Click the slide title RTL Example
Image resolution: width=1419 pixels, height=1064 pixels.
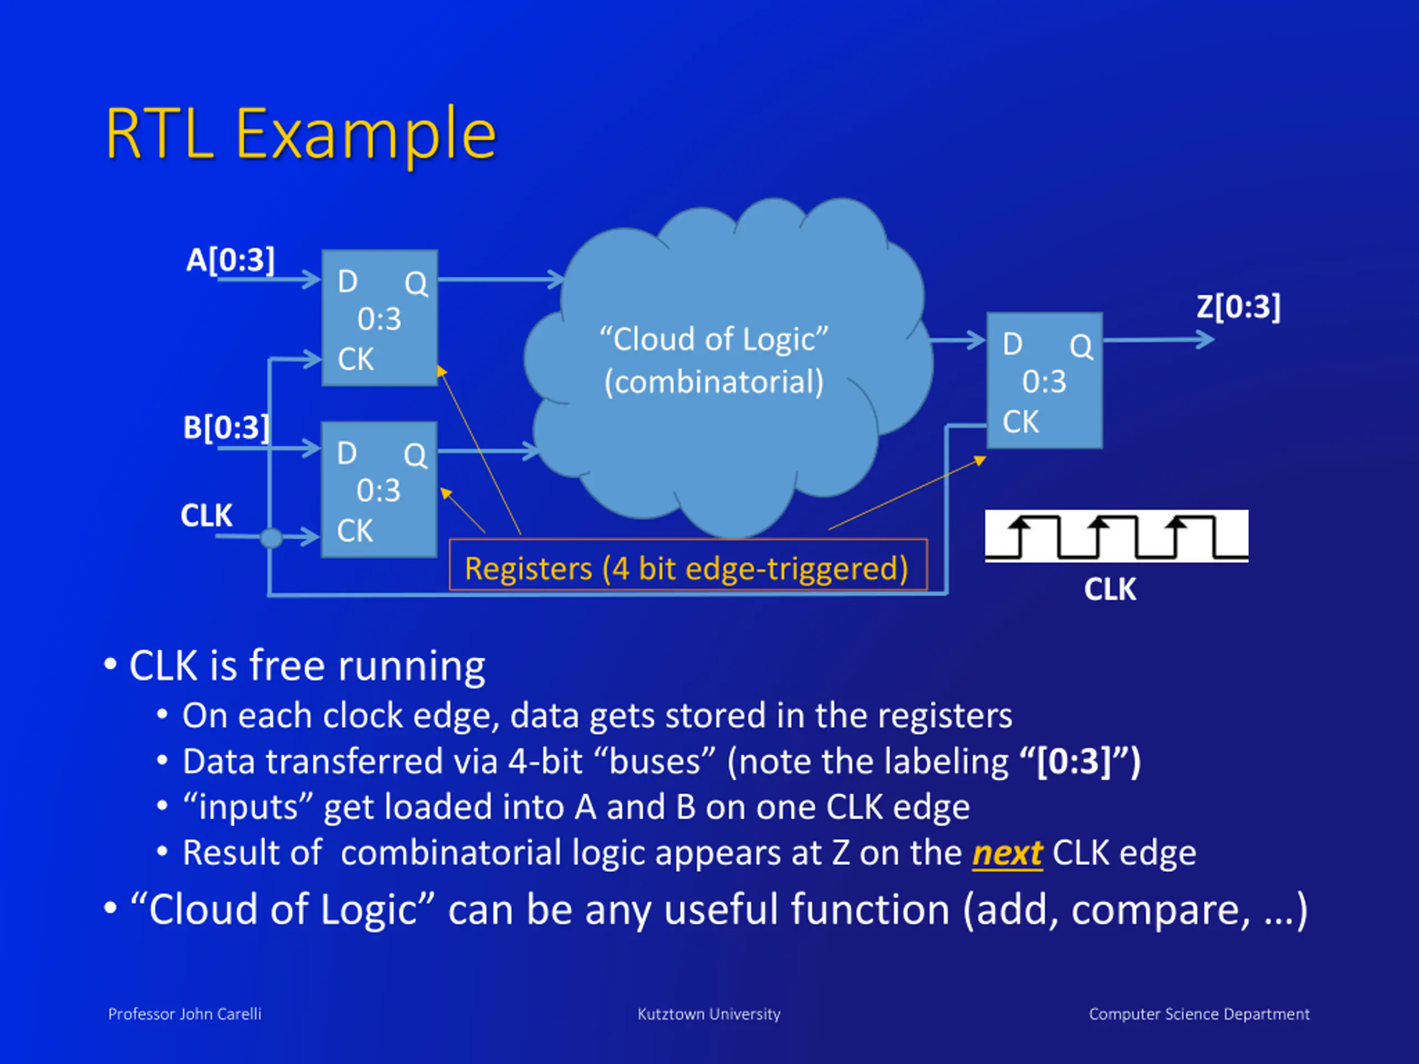pos(300,134)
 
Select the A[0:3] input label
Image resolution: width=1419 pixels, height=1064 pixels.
pos(230,260)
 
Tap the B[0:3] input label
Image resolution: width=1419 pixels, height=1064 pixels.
pos(226,428)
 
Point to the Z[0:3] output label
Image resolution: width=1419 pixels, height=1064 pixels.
pos(1238,306)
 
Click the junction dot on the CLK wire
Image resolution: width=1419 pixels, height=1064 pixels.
pos(272,538)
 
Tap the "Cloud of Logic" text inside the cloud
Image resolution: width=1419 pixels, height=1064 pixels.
pos(713,339)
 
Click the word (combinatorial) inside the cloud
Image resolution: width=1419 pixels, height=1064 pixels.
pos(713,382)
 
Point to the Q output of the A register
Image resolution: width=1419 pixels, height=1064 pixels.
pos(416,283)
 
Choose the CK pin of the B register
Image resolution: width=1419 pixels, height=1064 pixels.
pos(355,531)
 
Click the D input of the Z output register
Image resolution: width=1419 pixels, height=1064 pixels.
pos(1012,344)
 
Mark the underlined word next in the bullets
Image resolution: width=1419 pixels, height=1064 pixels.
pos(1007,853)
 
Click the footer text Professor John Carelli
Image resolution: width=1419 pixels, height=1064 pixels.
pos(184,1014)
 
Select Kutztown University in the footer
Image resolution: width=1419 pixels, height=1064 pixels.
pos(709,1014)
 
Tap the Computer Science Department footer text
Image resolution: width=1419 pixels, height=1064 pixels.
pos(1199,1014)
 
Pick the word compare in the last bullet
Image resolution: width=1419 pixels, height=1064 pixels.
pos(1160,909)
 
